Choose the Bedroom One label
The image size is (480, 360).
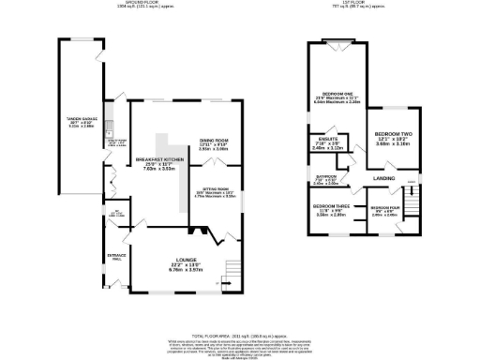(337, 95)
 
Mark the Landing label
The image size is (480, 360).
(383, 177)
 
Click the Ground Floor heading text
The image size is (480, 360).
(133, 4)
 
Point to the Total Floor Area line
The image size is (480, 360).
(240, 336)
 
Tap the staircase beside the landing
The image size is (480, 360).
(411, 192)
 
